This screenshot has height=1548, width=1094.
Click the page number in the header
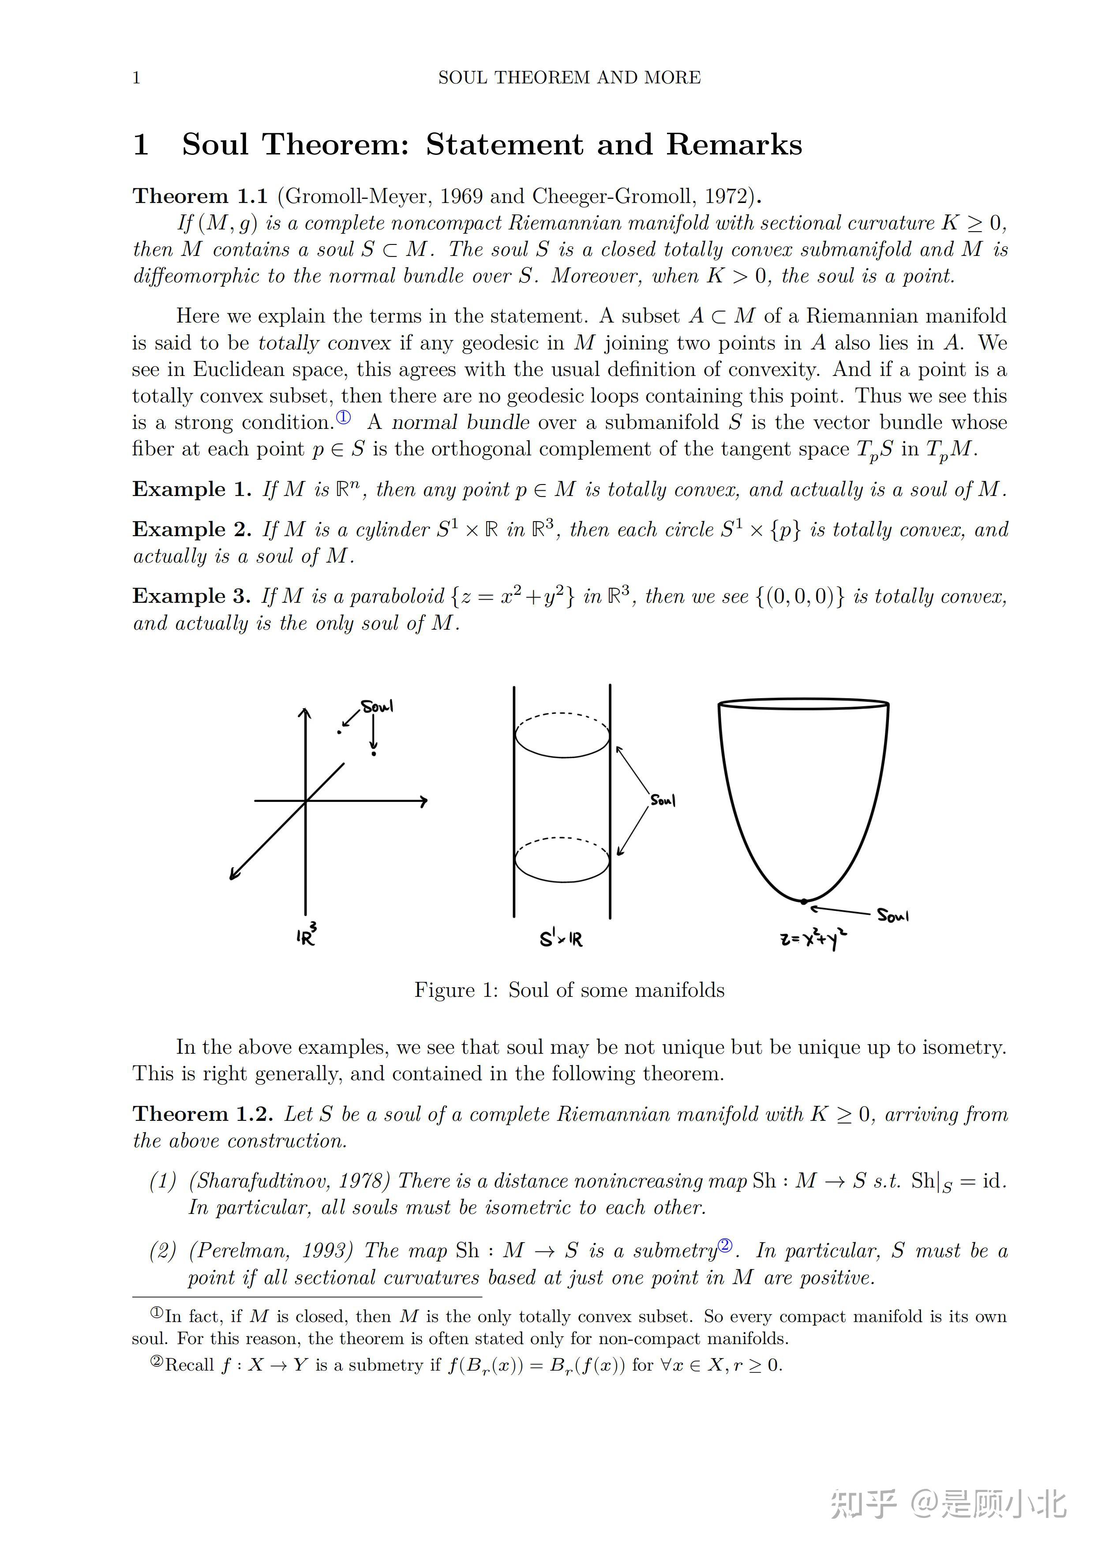click(x=136, y=78)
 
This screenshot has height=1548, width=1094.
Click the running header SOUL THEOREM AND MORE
click(x=569, y=78)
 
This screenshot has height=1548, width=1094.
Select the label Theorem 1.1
click(x=200, y=196)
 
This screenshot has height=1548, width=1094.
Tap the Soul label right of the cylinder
click(x=663, y=800)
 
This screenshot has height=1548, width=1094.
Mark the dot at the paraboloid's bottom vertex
click(x=803, y=901)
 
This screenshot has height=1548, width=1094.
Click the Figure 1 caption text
click(x=569, y=990)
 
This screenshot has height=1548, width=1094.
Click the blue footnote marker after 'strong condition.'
click(x=344, y=417)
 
